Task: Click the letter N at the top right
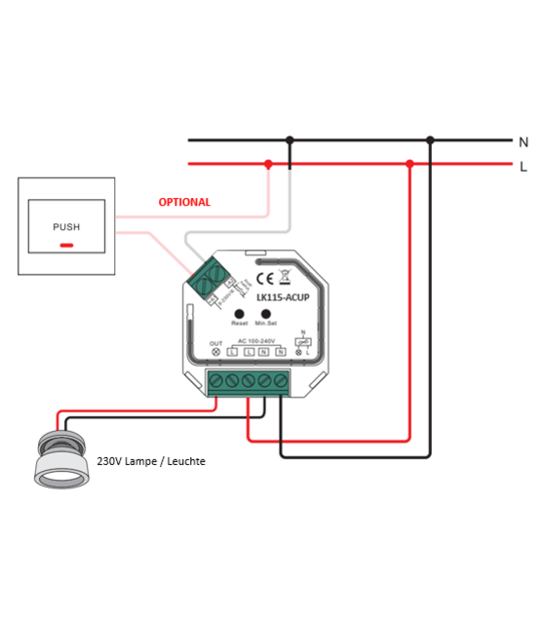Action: pos(523,141)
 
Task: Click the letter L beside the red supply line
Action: pos(523,166)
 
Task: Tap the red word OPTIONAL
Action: pos(184,203)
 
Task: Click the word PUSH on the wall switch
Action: pos(66,227)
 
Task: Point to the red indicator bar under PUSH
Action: pos(66,245)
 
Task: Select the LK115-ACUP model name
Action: pos(282,296)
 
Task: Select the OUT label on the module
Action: pos(215,342)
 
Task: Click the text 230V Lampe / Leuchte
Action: pos(151,460)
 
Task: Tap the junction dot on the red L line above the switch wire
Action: pos(268,165)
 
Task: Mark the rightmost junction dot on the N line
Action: pos(430,141)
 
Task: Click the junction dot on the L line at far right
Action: pos(410,165)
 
